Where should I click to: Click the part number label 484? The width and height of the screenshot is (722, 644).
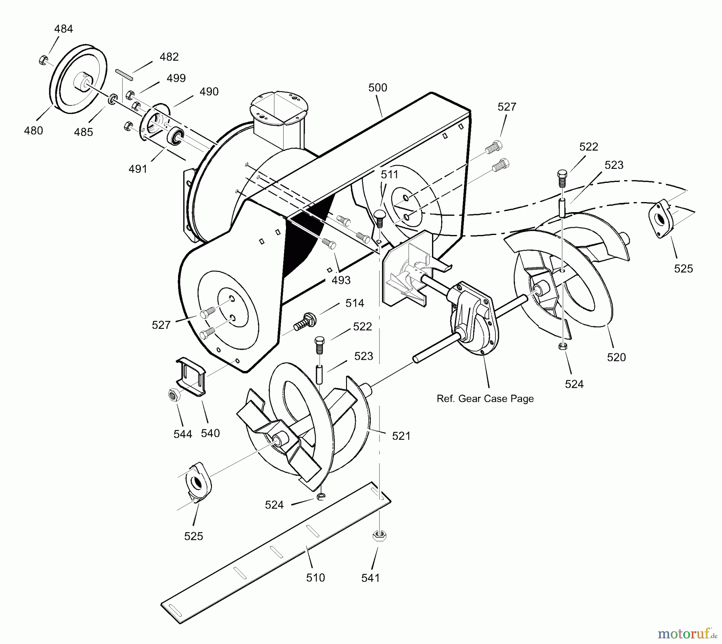pos(64,29)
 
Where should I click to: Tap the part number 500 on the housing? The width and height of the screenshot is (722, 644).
pos(377,87)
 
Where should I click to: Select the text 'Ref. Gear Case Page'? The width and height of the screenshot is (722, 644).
pos(485,399)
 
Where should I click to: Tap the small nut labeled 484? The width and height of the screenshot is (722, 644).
pos(42,60)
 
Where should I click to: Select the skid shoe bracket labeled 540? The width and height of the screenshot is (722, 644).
pos(191,376)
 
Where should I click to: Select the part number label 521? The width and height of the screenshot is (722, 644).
pos(401,436)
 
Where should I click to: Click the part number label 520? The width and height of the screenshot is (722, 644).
pos(616,357)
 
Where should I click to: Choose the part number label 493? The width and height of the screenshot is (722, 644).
pos(341,280)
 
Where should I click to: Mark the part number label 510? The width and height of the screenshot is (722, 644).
pos(315,577)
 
